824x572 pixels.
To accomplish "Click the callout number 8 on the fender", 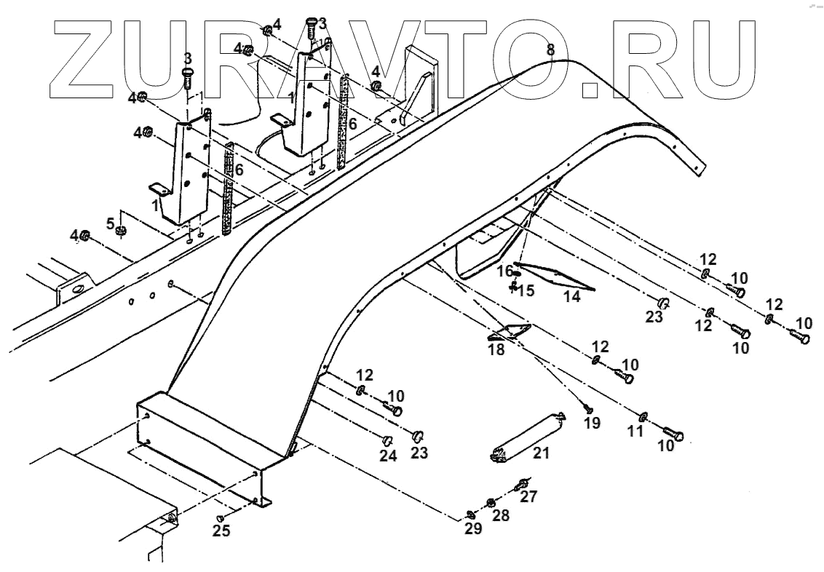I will [550, 50].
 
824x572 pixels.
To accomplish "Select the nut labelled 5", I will [122, 231].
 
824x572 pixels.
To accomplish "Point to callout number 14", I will [572, 297].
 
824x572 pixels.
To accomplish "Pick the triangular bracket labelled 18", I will [510, 332].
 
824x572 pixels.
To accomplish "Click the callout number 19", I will [592, 423].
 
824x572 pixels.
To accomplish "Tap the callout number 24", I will [388, 456].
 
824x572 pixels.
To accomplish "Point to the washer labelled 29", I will [470, 515].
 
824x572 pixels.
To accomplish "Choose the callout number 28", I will [501, 515].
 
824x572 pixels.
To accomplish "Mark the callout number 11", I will [635, 431].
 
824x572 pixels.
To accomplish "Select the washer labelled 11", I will [643, 416].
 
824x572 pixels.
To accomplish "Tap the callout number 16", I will [504, 271].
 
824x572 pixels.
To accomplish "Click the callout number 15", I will [526, 290].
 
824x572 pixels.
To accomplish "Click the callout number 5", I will [111, 223].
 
